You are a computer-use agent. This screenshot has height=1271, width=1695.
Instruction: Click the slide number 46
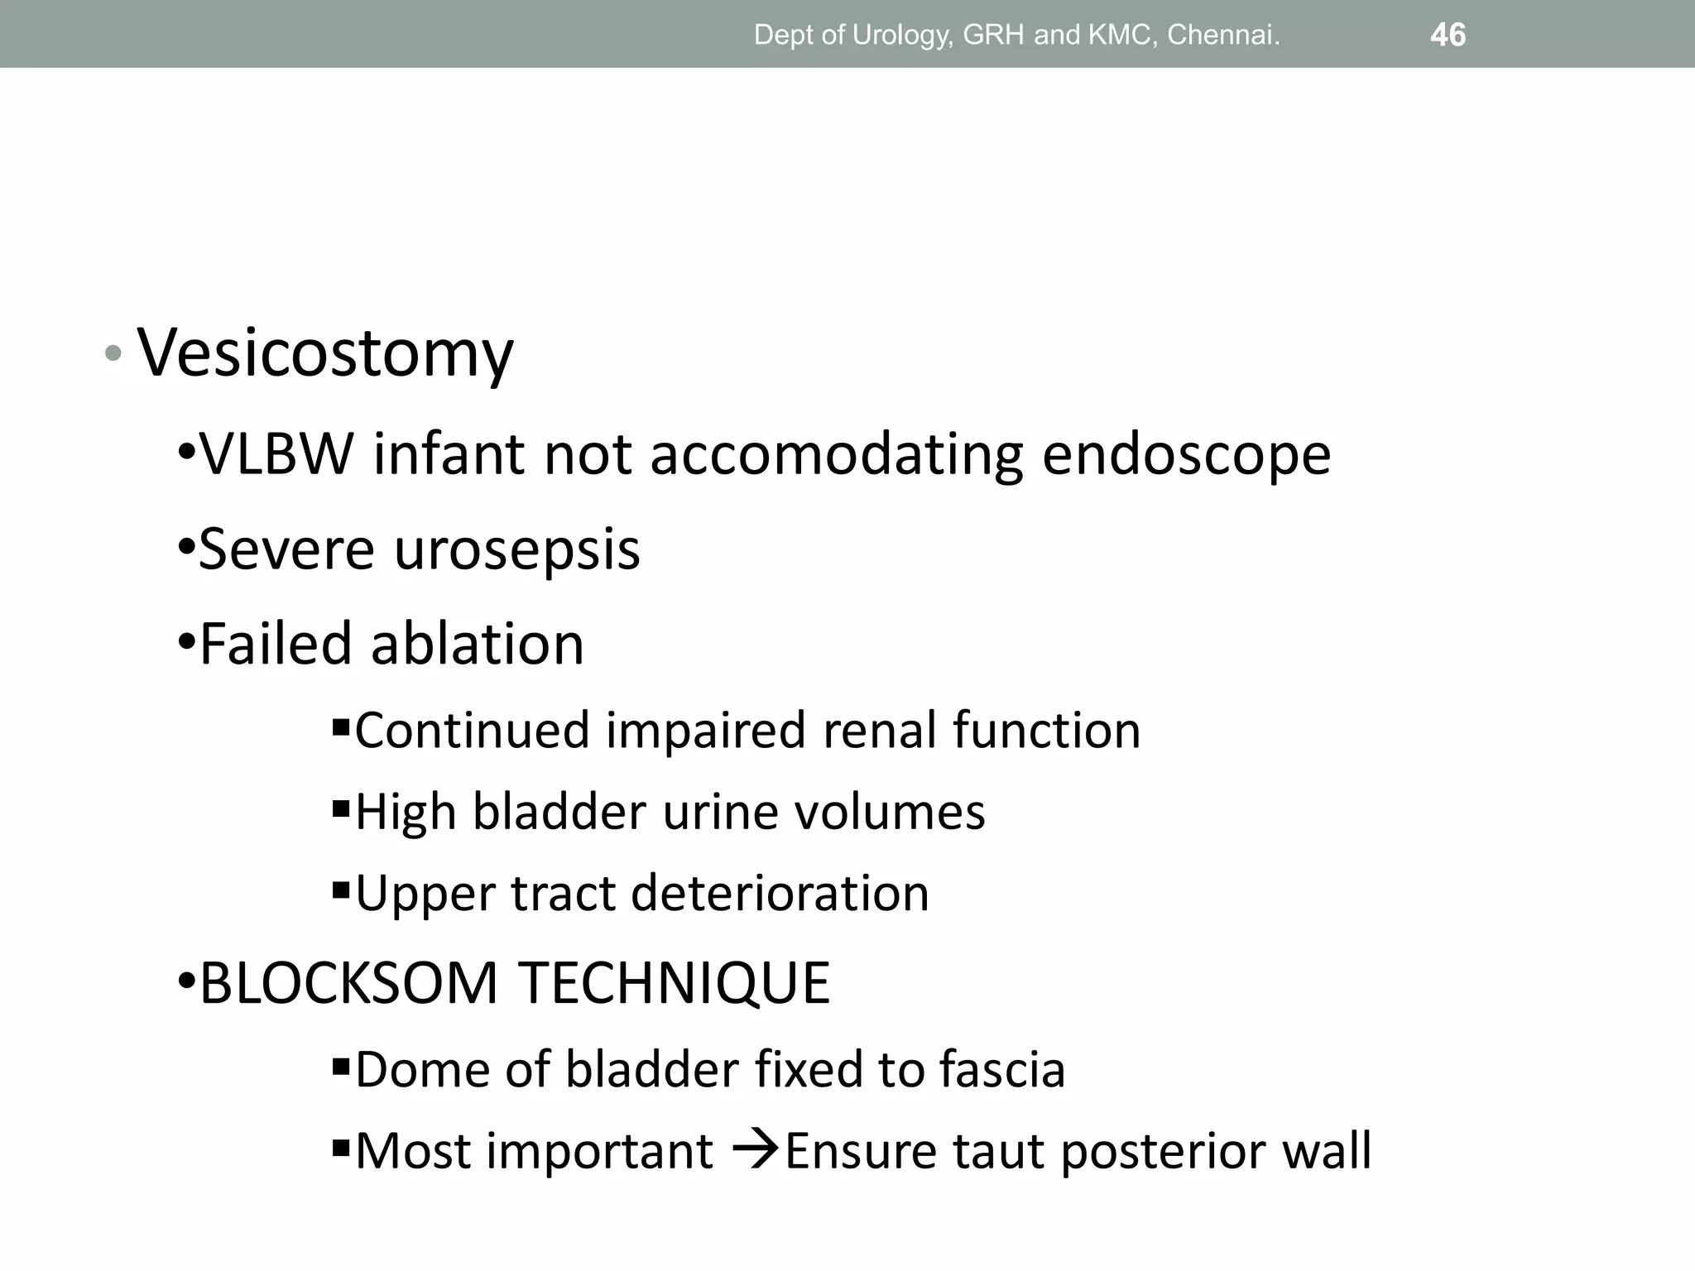(1448, 35)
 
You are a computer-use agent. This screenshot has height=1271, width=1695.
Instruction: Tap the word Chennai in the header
(1223, 35)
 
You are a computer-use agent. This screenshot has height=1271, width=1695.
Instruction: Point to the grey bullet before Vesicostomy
(113, 354)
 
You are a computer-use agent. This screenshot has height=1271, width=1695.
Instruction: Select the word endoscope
(1186, 456)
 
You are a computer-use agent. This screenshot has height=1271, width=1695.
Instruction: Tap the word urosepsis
(516, 550)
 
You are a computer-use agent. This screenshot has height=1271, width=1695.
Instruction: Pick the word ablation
(478, 644)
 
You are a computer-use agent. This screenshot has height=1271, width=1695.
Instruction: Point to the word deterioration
(780, 894)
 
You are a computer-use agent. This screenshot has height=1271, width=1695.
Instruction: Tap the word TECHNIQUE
(675, 984)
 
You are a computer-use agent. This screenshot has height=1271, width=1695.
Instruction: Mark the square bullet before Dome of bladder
(340, 1067)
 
